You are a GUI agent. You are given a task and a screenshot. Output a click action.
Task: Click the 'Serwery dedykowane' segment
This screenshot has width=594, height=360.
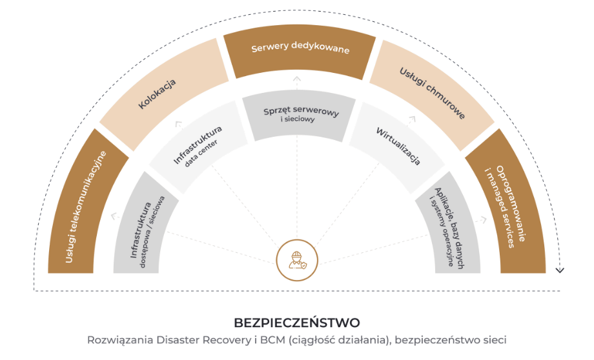click(x=300, y=51)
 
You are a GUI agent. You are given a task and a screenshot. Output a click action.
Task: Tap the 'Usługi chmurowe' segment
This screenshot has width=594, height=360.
click(x=433, y=90)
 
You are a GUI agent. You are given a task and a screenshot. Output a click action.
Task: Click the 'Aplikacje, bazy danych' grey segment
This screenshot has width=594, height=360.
click(x=453, y=229)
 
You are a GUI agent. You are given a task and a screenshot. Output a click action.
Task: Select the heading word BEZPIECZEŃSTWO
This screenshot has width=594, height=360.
click(x=296, y=321)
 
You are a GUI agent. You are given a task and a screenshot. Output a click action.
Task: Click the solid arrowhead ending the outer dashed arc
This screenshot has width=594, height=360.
click(x=560, y=269)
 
